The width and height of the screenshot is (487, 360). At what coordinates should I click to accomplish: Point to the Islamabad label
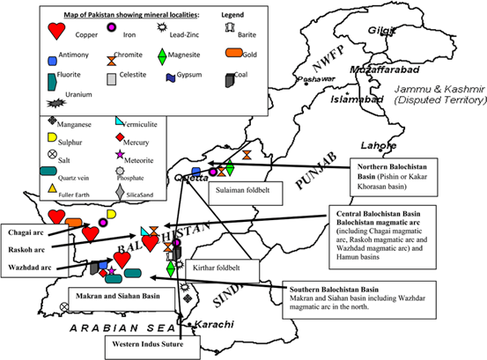(354, 99)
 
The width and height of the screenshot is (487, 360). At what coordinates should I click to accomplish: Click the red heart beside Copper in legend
(56, 31)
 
